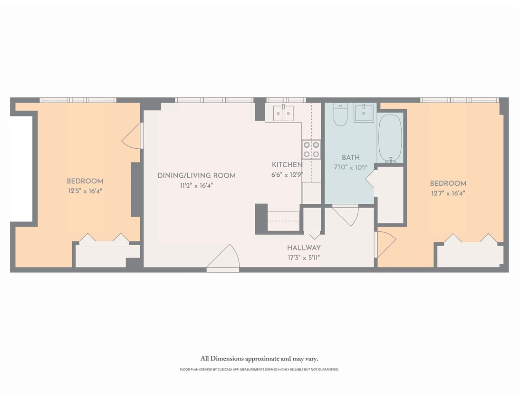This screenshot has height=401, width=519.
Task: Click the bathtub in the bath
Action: tap(390, 138)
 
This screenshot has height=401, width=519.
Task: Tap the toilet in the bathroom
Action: tap(340, 115)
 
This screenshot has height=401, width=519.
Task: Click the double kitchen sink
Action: tap(283, 114)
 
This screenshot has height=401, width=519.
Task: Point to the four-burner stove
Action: tap(311, 149)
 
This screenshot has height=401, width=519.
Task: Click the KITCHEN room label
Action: tap(287, 165)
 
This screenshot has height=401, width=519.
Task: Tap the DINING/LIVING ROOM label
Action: tap(196, 176)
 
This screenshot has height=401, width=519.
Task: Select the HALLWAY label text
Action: tap(304, 248)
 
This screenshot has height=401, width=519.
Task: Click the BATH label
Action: tap(351, 158)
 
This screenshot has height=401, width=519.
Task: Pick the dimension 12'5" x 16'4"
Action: tap(85, 191)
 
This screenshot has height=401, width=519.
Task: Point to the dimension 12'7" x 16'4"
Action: tap(448, 193)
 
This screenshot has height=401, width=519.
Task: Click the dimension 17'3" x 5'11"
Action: tap(304, 258)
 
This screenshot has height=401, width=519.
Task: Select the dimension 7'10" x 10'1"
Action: tap(351, 167)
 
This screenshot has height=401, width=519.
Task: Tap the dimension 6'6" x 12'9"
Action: tap(287, 174)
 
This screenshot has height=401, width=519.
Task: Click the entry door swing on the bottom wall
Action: tap(223, 259)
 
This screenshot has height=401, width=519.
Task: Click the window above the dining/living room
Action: tap(214, 100)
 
